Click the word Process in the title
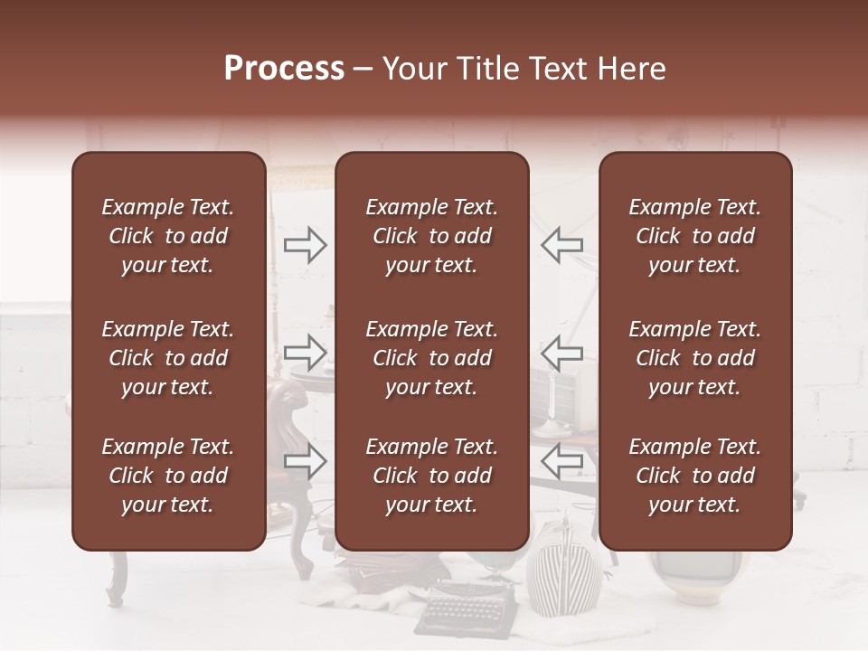click(x=284, y=69)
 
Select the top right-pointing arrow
click(x=305, y=245)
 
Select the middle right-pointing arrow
click(x=305, y=352)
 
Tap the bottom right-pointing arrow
click(x=305, y=461)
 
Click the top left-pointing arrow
click(x=562, y=245)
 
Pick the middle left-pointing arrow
click(x=562, y=352)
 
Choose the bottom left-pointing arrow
click(x=562, y=461)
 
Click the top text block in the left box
click(x=168, y=236)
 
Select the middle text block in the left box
click(x=168, y=358)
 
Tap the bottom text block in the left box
click(x=168, y=476)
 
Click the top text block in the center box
click(x=431, y=236)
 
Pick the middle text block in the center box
click(x=431, y=358)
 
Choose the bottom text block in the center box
click(x=431, y=476)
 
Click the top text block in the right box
click(x=694, y=236)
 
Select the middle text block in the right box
click(x=694, y=358)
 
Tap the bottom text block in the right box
click(x=694, y=476)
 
